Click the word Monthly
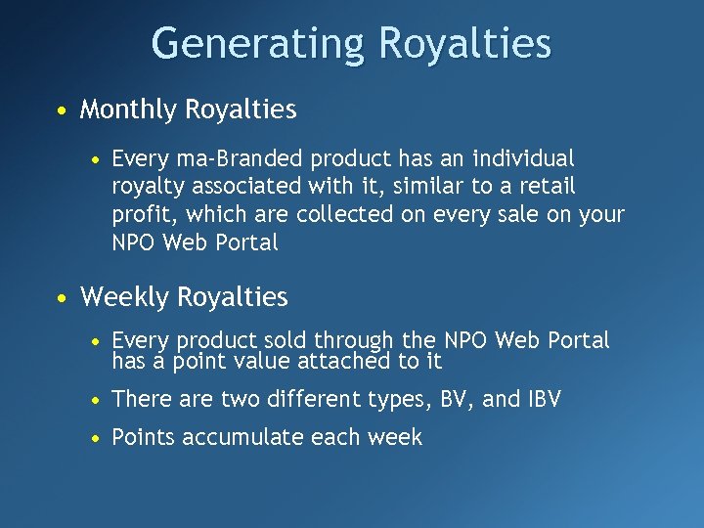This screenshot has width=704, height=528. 131,110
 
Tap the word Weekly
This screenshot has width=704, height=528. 125,296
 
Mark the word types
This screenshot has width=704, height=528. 405,399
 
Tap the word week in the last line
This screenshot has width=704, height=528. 397,437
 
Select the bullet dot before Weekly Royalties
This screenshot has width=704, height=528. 62,297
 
